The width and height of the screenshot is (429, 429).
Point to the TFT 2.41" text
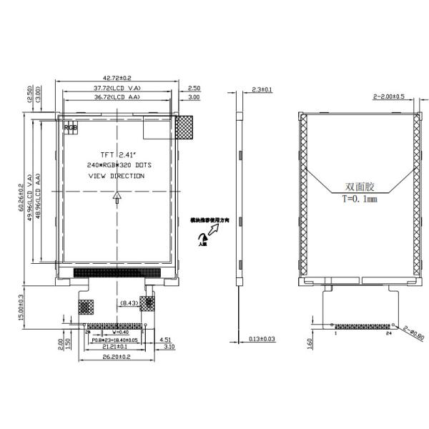tap(117, 154)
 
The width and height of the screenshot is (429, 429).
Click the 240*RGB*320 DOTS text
tap(118, 164)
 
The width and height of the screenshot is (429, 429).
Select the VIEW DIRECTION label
tap(116, 175)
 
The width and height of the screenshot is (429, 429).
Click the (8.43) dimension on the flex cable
tap(129, 303)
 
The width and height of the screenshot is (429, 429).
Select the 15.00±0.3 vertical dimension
tap(21, 306)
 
